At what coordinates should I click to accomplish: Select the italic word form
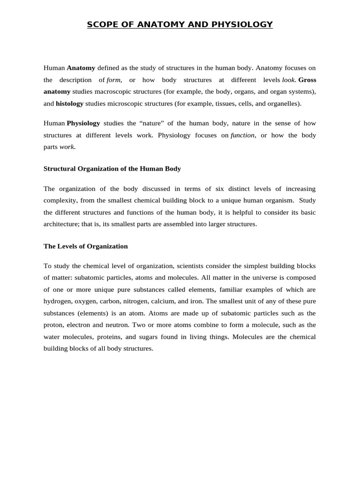114,80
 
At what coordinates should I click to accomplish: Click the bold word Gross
307,80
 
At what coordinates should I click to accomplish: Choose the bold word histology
69,104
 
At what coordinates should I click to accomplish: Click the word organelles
284,104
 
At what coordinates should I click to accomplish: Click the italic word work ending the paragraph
67,147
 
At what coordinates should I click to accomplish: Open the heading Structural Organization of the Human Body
112,169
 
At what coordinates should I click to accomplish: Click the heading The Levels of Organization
85,246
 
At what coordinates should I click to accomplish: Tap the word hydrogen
57,301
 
